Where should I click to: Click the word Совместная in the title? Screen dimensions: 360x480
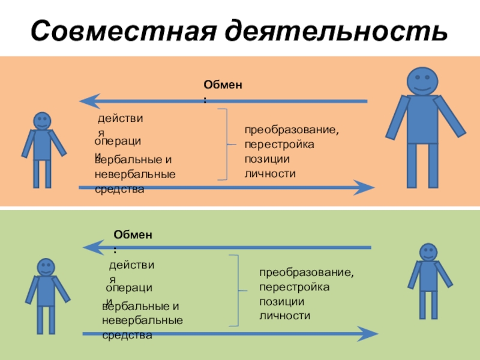pyautogui.click(x=121, y=31)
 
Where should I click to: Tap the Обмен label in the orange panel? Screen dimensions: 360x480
pyautogui.click(x=223, y=86)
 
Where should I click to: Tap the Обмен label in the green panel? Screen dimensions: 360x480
pyautogui.click(x=133, y=235)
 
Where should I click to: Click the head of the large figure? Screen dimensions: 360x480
pyautogui.click(x=423, y=80)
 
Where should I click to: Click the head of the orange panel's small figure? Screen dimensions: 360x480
pyautogui.click(x=41, y=121)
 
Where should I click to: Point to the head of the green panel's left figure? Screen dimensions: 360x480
pyautogui.click(x=46, y=268)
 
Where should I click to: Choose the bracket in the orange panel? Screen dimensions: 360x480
pyautogui.click(x=224, y=144)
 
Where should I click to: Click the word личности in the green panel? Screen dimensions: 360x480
pyautogui.click(x=284, y=315)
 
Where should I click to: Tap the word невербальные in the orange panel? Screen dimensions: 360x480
pyautogui.click(x=135, y=175)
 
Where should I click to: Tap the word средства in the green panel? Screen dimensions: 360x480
pyautogui.click(x=127, y=335)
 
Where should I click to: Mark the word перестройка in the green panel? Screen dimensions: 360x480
pyautogui.click(x=294, y=287)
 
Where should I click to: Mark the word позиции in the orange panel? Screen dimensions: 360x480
pyautogui.click(x=267, y=160)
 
